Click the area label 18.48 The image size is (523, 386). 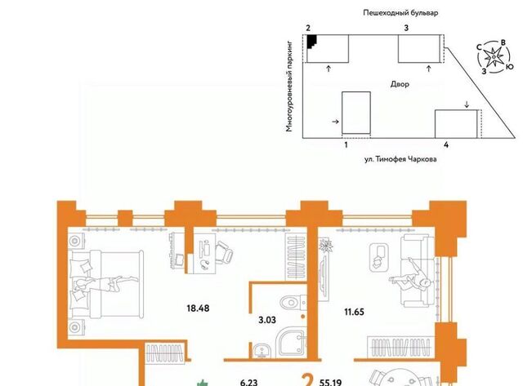198,308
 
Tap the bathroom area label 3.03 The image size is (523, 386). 267,320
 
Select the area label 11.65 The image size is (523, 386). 354,312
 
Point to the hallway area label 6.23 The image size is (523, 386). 248,383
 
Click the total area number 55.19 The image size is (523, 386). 330,383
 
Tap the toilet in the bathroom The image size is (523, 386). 293,303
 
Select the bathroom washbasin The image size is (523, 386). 262,351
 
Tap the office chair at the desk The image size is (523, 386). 224,252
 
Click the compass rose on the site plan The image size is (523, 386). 494,57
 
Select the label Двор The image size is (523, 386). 400,84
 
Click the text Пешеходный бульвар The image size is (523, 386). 400,13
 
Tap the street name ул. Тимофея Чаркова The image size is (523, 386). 400,159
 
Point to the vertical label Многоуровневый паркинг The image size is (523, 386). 289,87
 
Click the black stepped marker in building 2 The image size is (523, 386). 311,42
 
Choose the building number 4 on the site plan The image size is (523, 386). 446,145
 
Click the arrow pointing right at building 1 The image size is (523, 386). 336,122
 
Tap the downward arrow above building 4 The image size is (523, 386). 467,104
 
